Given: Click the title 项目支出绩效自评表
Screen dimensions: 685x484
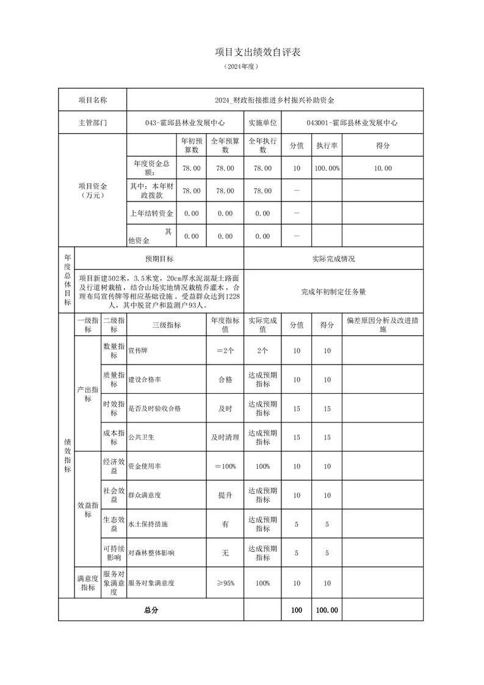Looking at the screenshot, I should tap(258, 53).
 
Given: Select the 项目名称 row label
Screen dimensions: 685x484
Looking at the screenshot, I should tap(93, 100).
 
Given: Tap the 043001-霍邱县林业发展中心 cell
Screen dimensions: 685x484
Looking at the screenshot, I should tap(352, 123).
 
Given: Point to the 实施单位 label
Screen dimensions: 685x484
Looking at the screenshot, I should tap(262, 123).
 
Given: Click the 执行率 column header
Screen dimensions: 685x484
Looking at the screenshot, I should tap(327, 146).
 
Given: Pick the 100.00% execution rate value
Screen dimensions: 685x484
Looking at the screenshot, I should tap(327, 169).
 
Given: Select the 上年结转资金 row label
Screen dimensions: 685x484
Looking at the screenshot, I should tap(152, 214).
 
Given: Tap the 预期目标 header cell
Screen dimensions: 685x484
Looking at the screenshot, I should tap(159, 259).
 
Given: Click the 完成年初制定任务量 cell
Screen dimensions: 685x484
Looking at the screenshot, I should tap(333, 292).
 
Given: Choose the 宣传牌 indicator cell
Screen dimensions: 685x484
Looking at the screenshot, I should tap(138, 351).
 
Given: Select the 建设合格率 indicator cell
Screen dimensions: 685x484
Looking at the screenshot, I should tap(145, 380).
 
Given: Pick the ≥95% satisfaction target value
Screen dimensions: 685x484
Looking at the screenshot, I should tap(225, 584).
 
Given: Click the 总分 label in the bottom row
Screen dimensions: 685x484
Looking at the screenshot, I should tap(151, 610).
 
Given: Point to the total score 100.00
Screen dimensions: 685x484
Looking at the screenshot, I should tap(327, 610).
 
